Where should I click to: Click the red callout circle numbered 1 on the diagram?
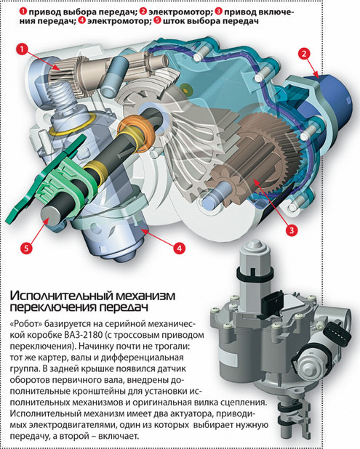(22, 49)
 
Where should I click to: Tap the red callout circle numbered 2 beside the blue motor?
(304, 54)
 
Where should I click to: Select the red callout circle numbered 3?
(291, 231)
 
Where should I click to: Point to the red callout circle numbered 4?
(179, 248)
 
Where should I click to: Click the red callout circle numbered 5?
(26, 248)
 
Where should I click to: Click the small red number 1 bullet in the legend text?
(23, 12)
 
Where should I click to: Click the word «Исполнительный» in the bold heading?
(57, 295)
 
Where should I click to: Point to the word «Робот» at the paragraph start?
(26, 324)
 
